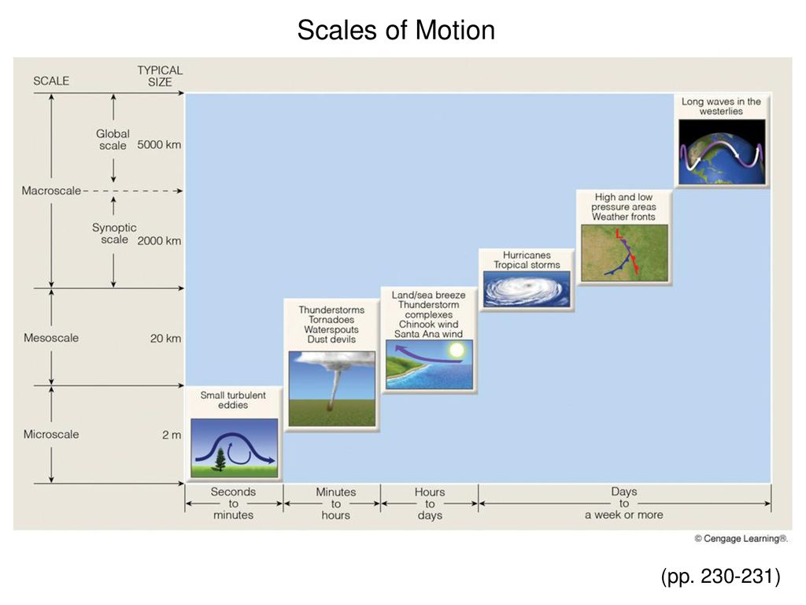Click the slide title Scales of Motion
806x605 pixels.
(396, 30)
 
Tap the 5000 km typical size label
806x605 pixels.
(159, 145)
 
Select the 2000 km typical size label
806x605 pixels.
(159, 241)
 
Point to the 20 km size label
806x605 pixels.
(165, 339)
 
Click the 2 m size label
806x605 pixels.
(172, 435)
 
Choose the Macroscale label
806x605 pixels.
(51, 191)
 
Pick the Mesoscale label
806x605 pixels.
(51, 338)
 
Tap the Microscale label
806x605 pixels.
(51, 434)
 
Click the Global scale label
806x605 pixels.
(113, 139)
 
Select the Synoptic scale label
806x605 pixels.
(114, 233)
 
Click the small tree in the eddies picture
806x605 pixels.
(220, 459)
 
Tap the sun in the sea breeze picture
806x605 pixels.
(456, 351)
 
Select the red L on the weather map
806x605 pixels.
(619, 233)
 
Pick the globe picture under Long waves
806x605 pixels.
(722, 152)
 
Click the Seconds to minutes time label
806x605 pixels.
(233, 503)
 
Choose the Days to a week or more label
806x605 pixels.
(624, 503)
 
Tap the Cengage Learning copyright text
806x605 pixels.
(741, 539)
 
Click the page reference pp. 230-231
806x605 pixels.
(721, 576)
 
